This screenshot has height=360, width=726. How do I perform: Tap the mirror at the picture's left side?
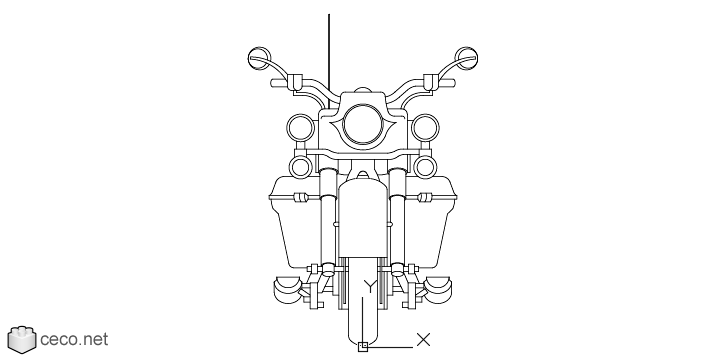259,58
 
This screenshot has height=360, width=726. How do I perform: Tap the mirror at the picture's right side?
466,58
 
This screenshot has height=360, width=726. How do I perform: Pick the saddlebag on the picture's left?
295,222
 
